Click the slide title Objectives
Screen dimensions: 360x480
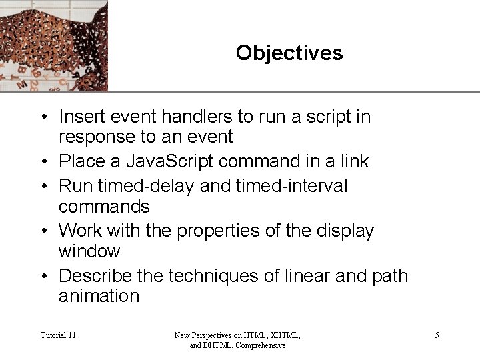pos(289,53)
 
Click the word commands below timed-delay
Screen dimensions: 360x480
pos(104,207)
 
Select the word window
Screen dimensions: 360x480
pos(89,251)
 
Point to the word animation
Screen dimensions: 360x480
pos(99,296)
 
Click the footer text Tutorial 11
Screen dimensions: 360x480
pos(58,335)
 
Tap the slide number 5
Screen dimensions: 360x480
pos(437,335)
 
